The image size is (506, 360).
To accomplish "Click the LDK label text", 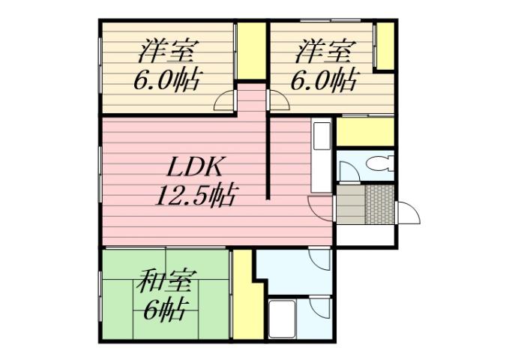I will [x=196, y=166].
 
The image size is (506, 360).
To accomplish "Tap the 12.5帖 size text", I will [x=196, y=196].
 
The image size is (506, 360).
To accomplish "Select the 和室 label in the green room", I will [x=166, y=285].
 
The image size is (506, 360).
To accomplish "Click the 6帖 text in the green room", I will [x=166, y=310].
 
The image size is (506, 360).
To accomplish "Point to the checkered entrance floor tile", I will [x=379, y=203].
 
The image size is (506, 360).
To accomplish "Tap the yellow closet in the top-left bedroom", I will [x=251, y=51].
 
